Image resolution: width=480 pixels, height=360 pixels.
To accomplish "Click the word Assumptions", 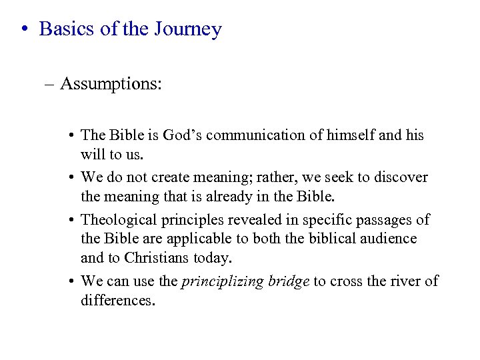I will click(x=111, y=84).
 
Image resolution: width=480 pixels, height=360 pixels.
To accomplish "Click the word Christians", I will click(x=156, y=257).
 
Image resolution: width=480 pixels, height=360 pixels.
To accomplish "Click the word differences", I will click(x=116, y=300).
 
